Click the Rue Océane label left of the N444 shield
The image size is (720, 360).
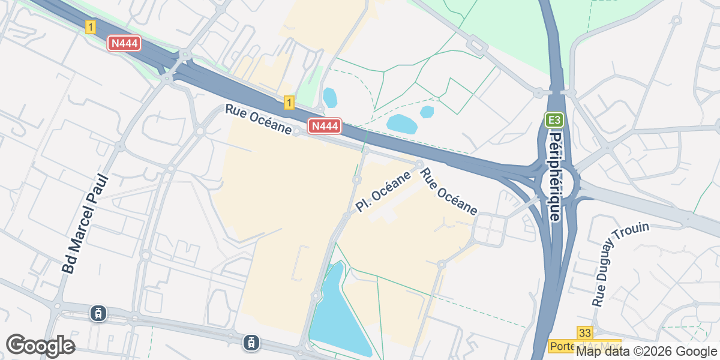point(259,120)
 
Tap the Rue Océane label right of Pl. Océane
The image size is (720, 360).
point(448,192)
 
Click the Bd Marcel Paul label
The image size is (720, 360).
point(85,224)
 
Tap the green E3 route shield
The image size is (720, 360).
point(555,120)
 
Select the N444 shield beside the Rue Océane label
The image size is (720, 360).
point(325,126)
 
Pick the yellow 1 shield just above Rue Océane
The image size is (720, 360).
point(289,103)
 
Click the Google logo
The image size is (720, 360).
point(40,346)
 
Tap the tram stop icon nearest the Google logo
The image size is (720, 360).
point(98,313)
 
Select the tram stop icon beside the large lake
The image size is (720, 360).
point(250,343)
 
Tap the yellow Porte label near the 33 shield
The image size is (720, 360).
point(562,347)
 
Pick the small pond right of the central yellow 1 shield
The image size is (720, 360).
point(329,97)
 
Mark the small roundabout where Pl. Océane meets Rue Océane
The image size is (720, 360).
point(419,164)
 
